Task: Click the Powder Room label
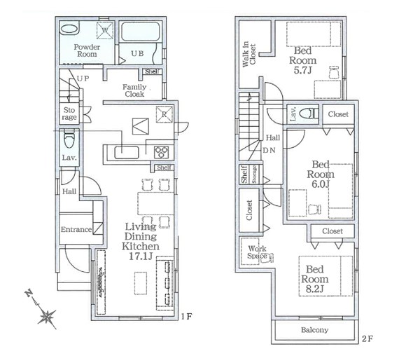[x=87, y=50]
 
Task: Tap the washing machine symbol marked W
[x=105, y=30]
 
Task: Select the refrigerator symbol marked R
[x=164, y=114]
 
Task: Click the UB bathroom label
[x=137, y=53]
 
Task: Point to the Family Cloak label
[x=134, y=90]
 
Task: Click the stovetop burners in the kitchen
[x=161, y=153]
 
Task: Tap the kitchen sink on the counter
[x=127, y=153]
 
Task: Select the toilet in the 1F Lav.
[x=69, y=138]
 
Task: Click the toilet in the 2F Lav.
[x=309, y=114]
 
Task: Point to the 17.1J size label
[x=141, y=256]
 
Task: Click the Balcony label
[x=314, y=330]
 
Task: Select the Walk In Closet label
[x=249, y=54]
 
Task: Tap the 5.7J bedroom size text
[x=302, y=70]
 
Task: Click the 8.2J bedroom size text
[x=315, y=289]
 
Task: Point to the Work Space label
[x=257, y=252]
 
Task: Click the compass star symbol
[x=47, y=317]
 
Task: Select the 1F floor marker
[x=186, y=316]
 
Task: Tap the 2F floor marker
[x=367, y=339]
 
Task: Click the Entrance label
[x=76, y=229]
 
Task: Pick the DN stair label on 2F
[x=269, y=151]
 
